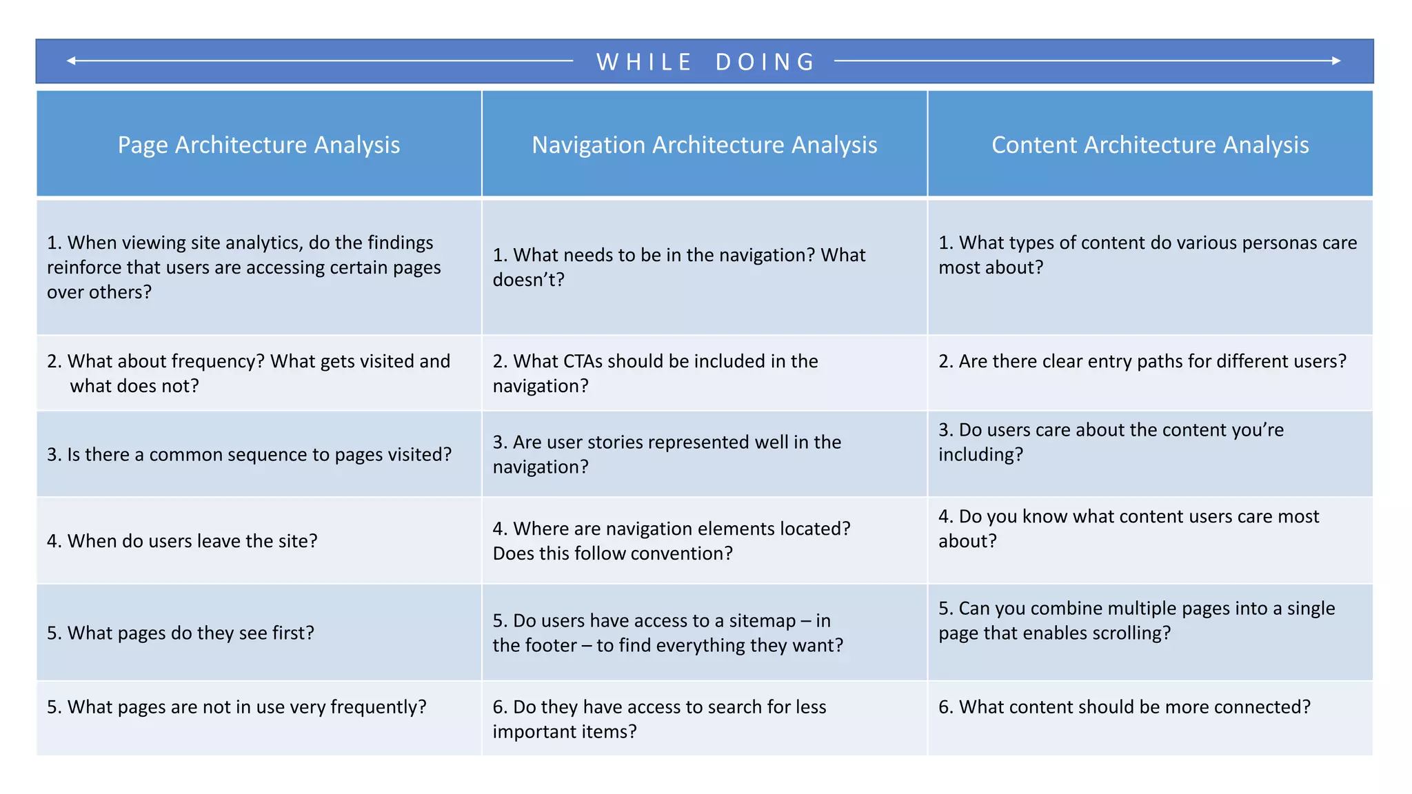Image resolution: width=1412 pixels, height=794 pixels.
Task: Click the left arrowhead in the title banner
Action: coord(71,61)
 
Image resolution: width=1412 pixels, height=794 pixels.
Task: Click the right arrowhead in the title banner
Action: coord(1336,61)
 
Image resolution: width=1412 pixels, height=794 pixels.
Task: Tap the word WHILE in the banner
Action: coord(644,62)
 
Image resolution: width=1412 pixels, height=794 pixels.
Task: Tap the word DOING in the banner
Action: coord(765,62)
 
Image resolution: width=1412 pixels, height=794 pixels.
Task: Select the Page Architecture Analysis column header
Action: coord(259,145)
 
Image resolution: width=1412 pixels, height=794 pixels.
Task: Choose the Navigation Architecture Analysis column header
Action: coord(704,145)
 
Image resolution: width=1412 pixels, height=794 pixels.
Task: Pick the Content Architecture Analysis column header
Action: coord(1150,145)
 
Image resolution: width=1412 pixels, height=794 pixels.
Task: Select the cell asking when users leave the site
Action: coord(259,541)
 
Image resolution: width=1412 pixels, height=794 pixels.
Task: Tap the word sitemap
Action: coord(762,620)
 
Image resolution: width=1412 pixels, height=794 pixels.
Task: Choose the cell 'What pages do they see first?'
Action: coord(259,633)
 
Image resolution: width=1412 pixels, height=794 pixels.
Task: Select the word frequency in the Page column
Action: coord(218,361)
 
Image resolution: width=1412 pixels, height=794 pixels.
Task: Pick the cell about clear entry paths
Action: coord(1149,373)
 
